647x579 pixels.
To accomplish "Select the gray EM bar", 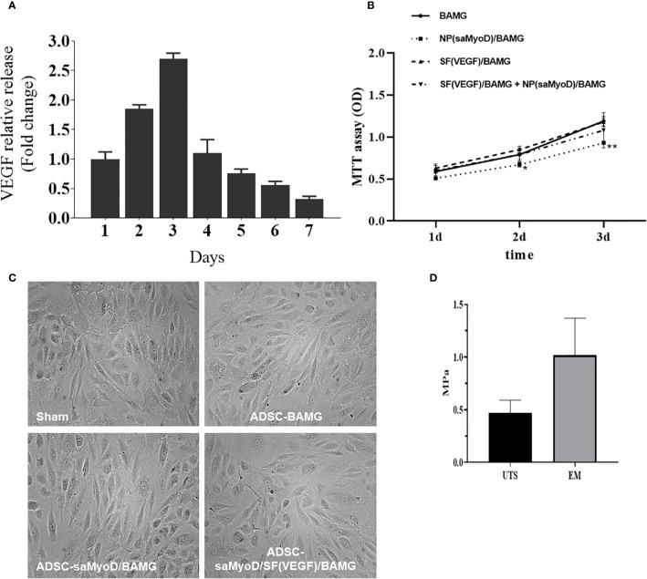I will click(574, 408).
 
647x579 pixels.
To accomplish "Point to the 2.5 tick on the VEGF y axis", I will click(59, 70).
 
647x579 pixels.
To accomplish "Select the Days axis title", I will click(209, 257).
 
